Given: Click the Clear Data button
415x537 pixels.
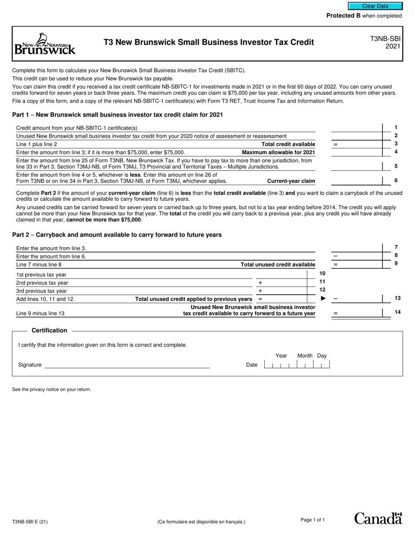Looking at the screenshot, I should click(375, 6).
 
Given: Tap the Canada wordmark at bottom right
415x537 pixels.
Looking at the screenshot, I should click(378, 518).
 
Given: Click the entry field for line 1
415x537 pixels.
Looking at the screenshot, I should click(356, 127).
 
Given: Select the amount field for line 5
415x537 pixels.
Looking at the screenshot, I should click(356, 166).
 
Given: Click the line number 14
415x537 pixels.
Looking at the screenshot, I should click(397, 312).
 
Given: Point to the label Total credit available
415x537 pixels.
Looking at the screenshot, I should click(288, 144).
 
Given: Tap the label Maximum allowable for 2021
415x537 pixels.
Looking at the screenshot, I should click(278, 152).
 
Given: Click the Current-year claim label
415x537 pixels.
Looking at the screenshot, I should click(291, 181).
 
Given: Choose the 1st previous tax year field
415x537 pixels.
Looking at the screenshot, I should click(280, 274).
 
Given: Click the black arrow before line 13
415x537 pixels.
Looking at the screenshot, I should click(324, 299).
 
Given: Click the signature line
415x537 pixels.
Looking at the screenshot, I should click(127, 365).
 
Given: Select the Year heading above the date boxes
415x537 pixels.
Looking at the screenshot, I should click(281, 356).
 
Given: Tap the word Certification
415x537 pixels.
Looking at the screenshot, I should click(49, 330).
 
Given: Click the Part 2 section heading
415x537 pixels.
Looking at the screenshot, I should click(117, 235).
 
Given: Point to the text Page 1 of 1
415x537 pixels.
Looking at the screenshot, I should click(313, 520).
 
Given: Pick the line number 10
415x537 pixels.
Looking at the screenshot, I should click(322, 273).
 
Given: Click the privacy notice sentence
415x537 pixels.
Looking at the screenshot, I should click(52, 389).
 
